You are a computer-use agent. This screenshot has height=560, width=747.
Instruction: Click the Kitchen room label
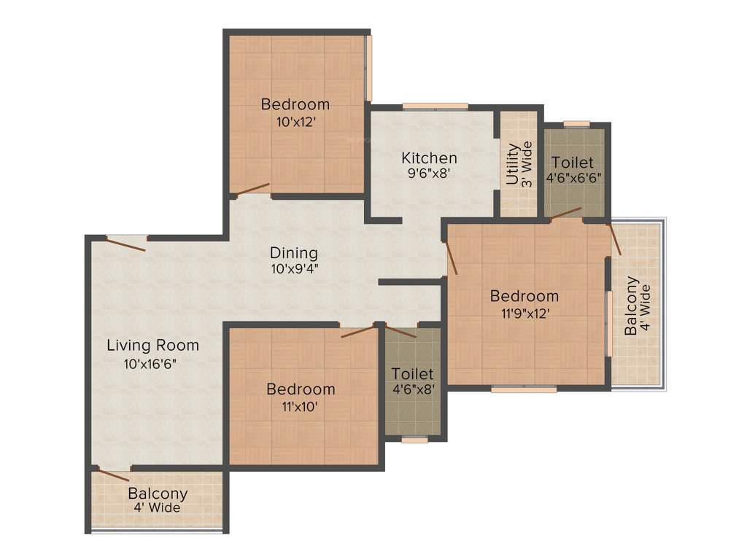click(x=429, y=157)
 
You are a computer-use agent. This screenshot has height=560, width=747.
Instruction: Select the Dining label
click(x=294, y=253)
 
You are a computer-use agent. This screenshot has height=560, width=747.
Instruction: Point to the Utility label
click(x=513, y=164)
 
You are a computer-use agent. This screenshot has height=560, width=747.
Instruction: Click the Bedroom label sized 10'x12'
click(x=295, y=104)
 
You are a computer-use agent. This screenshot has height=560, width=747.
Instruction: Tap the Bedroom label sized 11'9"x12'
click(x=525, y=296)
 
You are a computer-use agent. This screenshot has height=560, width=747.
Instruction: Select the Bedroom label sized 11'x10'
click(x=301, y=389)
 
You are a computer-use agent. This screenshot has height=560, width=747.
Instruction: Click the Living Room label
click(x=153, y=345)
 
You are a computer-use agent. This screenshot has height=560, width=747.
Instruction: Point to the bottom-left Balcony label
click(x=158, y=494)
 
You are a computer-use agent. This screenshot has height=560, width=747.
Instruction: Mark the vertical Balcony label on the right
click(x=631, y=306)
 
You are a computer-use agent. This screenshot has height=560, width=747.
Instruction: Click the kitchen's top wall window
click(x=436, y=106)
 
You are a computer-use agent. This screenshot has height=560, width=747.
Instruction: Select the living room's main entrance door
click(x=126, y=244)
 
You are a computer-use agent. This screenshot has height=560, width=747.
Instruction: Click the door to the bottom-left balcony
click(x=114, y=475)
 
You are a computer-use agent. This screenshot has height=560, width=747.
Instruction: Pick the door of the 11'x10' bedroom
click(x=357, y=332)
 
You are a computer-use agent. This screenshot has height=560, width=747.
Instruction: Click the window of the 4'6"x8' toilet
click(x=415, y=439)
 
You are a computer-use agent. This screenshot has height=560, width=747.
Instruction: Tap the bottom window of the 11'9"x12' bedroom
click(x=524, y=389)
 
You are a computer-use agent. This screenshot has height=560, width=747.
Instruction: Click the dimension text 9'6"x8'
click(x=429, y=173)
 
